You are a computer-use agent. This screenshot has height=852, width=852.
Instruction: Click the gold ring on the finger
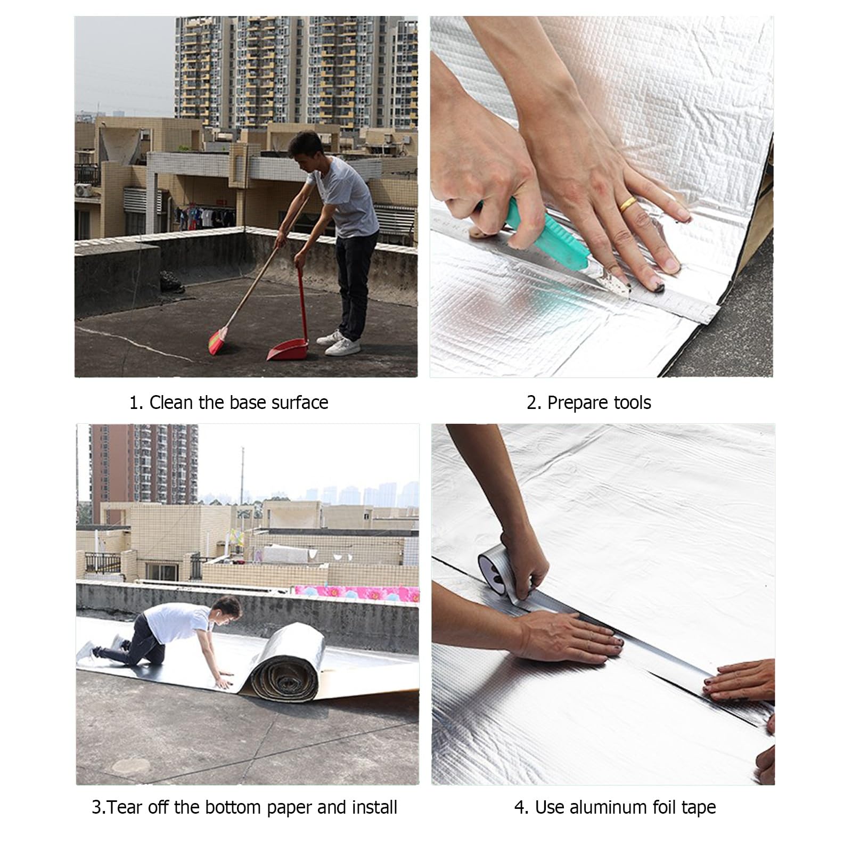pyautogui.click(x=628, y=204)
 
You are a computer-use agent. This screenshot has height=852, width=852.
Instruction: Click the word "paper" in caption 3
pyautogui.click(x=290, y=807)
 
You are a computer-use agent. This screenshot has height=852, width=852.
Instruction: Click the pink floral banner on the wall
pyautogui.click(x=356, y=593)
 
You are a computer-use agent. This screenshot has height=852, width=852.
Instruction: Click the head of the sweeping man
pyautogui.click(x=305, y=146)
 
